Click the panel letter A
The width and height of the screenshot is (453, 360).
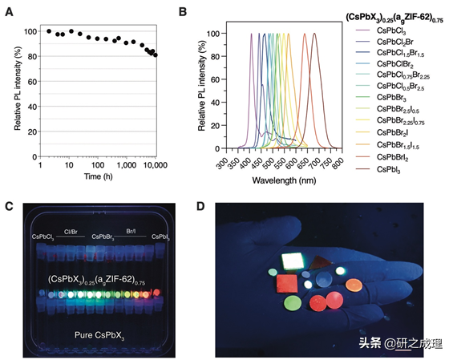pyautogui.click(x=9, y=14)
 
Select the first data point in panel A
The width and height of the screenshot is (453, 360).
pyautogui.click(x=49, y=31)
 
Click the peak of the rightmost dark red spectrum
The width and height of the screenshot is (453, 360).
pyautogui.click(x=314, y=34)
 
